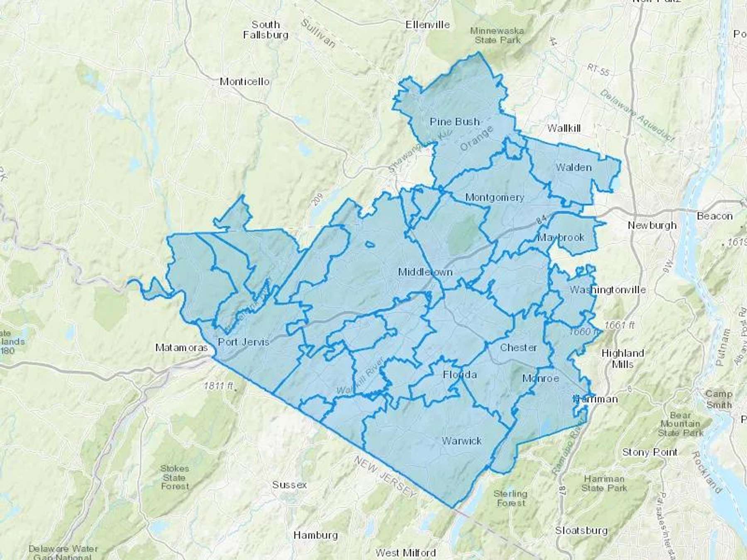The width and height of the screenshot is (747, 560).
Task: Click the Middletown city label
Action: (425, 272)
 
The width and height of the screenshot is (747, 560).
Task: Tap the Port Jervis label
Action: (244, 342)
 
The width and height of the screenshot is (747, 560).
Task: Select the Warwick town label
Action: (461, 441)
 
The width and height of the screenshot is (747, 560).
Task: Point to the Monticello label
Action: (244, 81)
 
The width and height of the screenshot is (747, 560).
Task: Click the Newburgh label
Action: (652, 225)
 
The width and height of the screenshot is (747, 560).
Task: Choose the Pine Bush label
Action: (454, 122)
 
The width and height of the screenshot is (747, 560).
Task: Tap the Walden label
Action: (574, 167)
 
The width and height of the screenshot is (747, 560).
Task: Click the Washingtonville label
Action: (607, 290)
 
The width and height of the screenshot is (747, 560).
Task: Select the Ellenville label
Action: (427, 24)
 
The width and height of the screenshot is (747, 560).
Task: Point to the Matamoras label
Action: (181, 348)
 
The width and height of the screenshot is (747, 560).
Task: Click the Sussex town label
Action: (289, 485)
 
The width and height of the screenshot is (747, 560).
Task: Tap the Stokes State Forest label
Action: (175, 477)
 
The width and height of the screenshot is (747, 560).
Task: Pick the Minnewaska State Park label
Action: (497, 35)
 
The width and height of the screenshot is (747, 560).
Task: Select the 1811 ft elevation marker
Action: (218, 386)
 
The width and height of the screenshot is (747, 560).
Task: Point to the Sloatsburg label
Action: (581, 530)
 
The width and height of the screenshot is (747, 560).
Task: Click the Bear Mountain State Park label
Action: (681, 424)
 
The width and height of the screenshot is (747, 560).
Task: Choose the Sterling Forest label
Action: (510, 498)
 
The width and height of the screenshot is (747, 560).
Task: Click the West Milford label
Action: (405, 553)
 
